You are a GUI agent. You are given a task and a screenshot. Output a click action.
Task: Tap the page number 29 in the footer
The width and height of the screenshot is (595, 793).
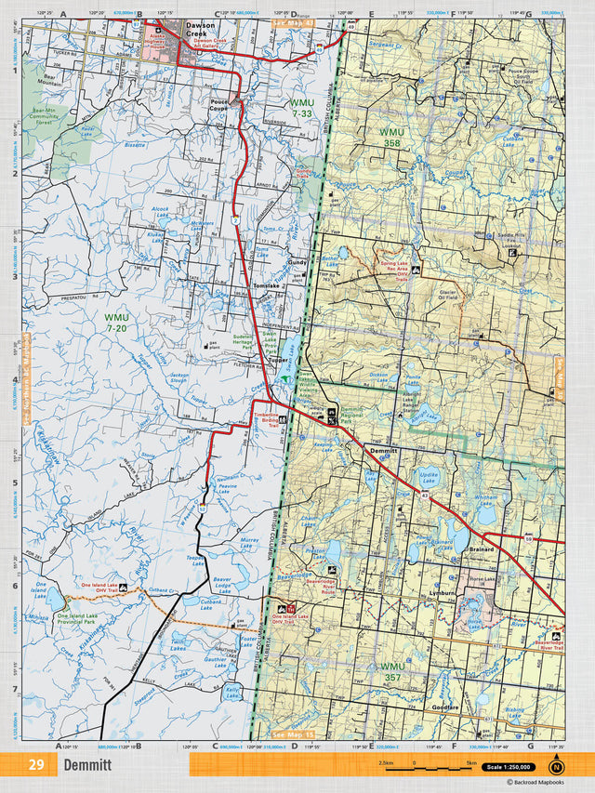point(36,765)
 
